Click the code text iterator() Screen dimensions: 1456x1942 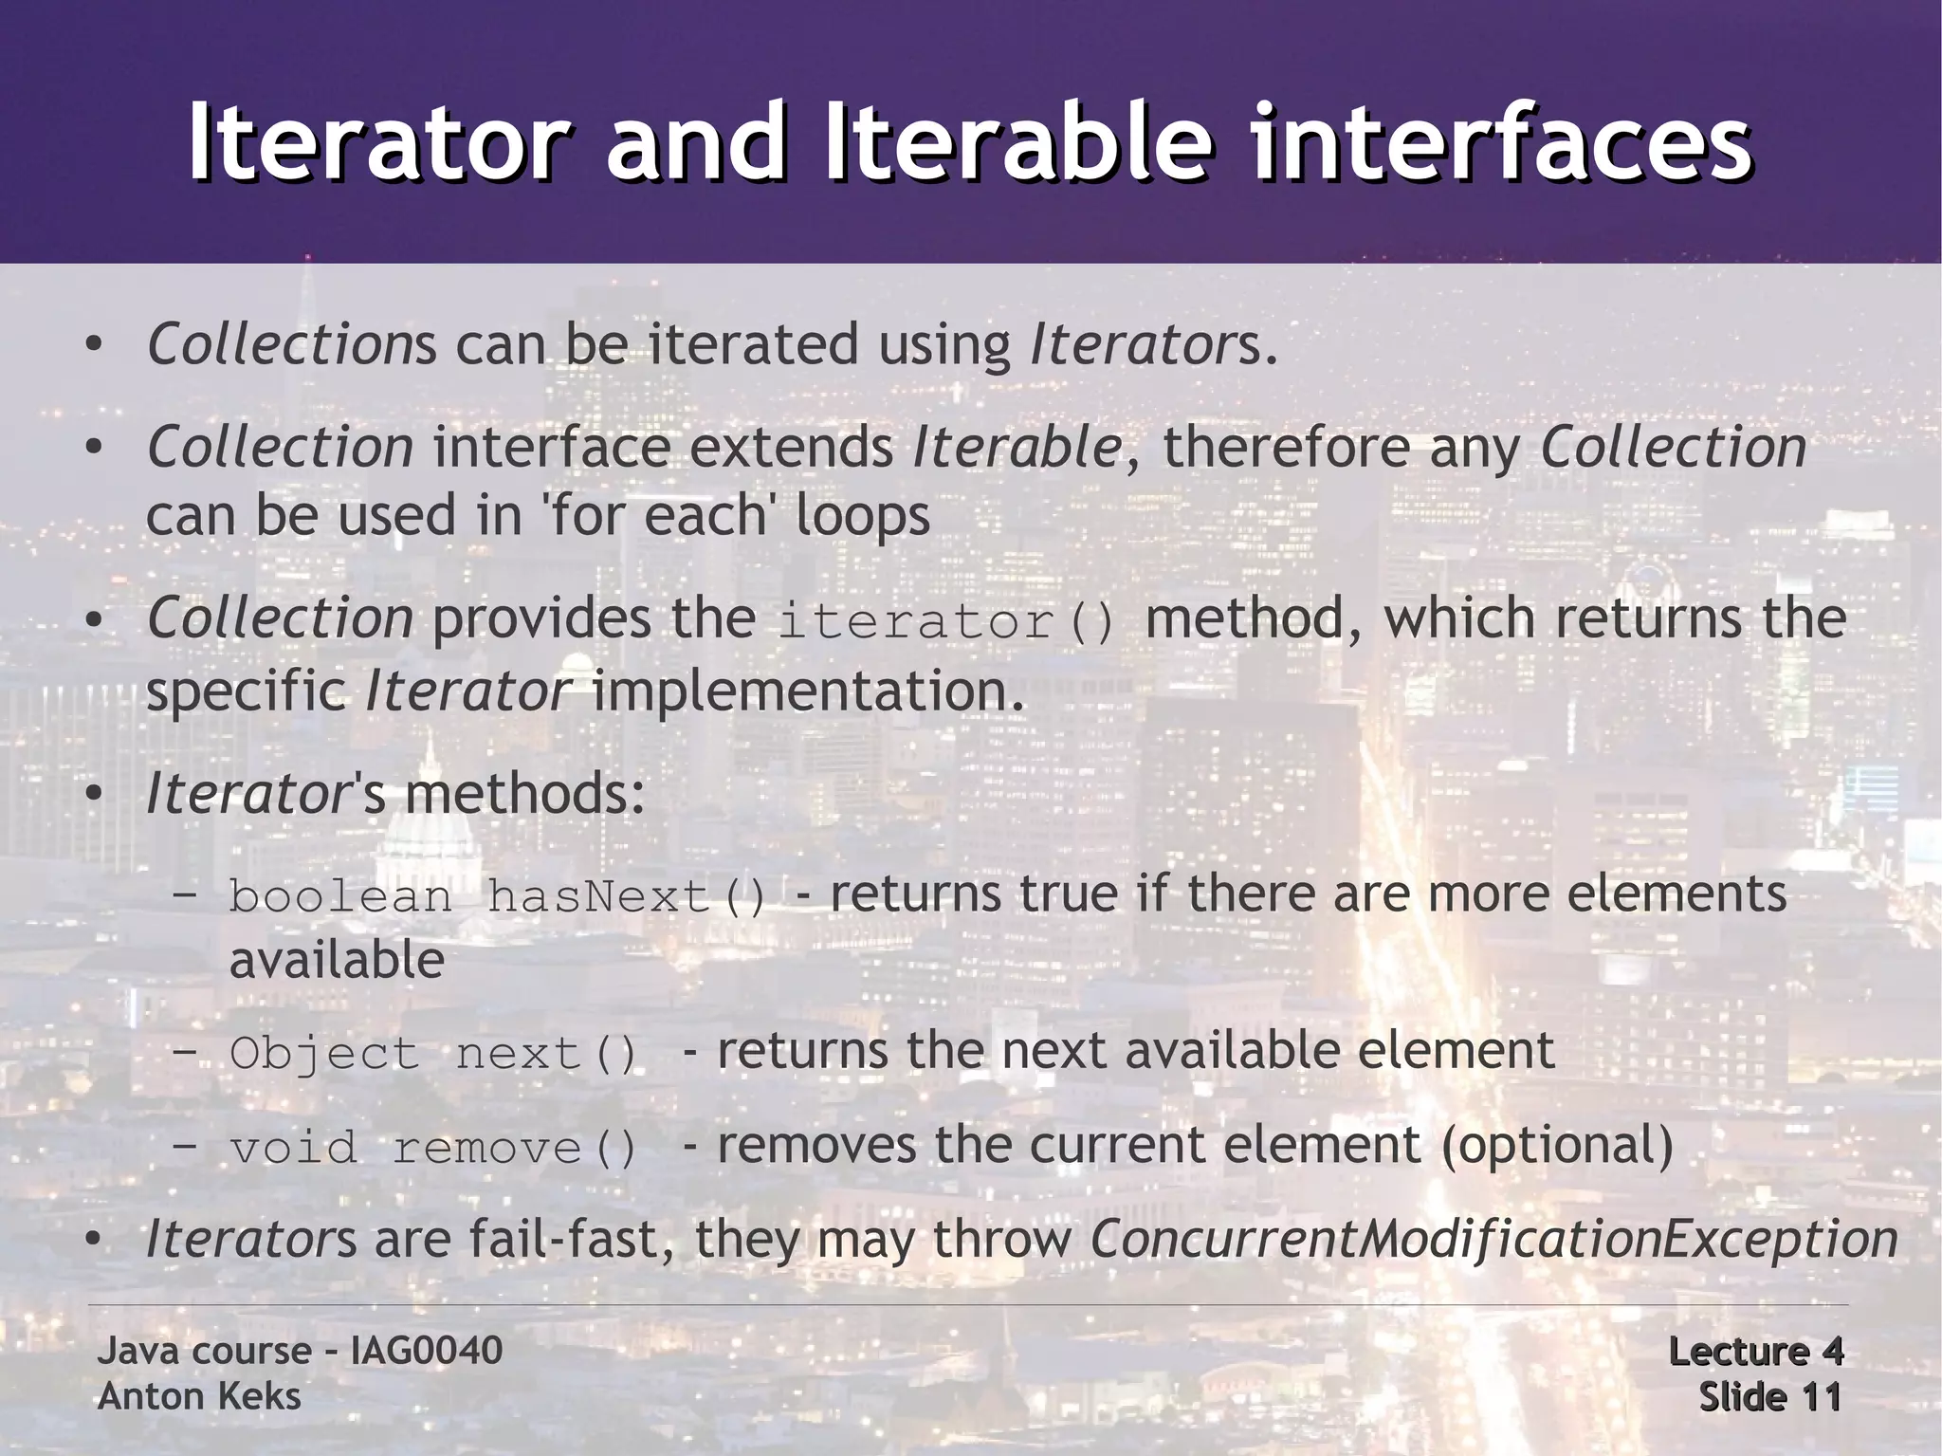946,622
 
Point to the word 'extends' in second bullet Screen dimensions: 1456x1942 792,448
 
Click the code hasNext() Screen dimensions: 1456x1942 626,896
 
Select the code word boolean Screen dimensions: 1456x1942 340,896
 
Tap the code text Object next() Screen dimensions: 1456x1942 433,1054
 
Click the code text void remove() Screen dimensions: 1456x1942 433,1149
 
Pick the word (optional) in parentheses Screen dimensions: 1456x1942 1557,1145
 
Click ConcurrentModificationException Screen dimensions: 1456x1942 1493,1240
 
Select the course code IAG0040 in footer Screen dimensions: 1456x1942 427,1351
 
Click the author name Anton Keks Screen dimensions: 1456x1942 199,1396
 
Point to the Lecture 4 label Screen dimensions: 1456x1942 1755,1352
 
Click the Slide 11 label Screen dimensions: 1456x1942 1769,1397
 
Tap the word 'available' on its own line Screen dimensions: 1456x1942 337,961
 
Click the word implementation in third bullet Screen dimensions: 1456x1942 808,691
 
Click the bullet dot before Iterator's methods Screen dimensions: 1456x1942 92,795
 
